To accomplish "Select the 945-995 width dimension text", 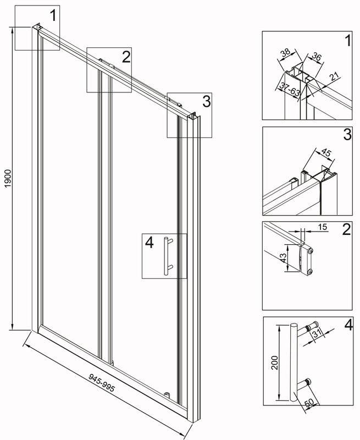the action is [102, 383].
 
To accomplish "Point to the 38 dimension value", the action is [285, 53].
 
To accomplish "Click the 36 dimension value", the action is [317, 57].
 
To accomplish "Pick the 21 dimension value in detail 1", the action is [334, 76].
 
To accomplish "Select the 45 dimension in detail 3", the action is [325, 153].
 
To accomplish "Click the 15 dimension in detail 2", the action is [323, 227].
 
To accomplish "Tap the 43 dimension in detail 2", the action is [284, 258].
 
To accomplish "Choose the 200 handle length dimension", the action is [275, 362].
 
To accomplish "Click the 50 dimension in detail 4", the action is [309, 403].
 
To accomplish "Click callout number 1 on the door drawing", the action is [53, 15].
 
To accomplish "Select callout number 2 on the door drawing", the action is [126, 57].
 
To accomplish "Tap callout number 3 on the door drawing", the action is [207, 101].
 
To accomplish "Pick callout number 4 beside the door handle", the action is [149, 243].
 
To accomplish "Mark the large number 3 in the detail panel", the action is [347, 134].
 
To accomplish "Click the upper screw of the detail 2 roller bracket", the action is [311, 251].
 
